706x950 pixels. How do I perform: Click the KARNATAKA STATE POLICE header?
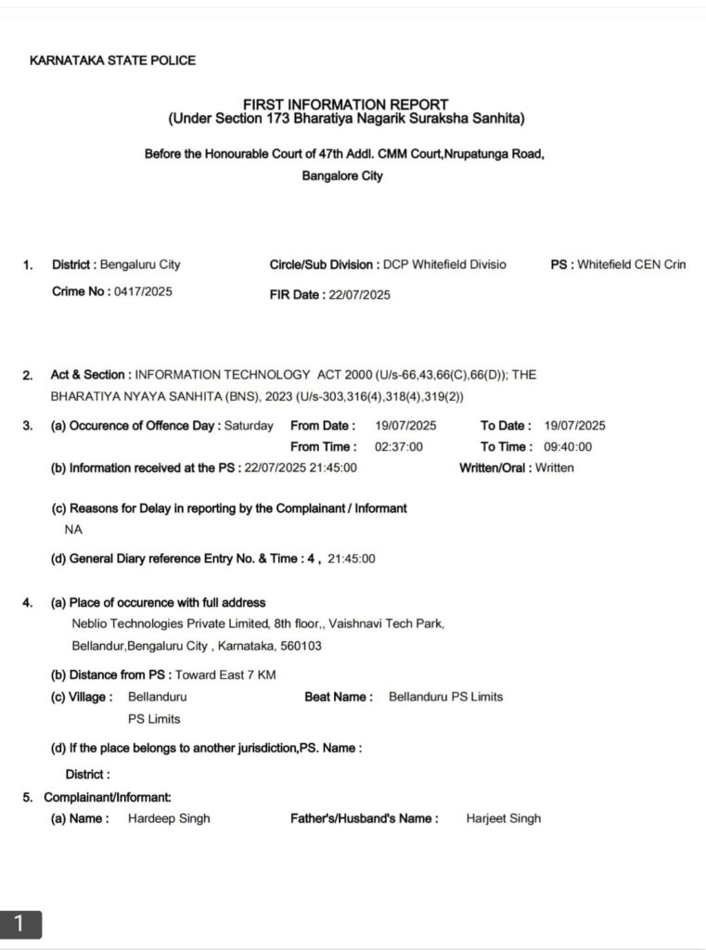[x=112, y=60]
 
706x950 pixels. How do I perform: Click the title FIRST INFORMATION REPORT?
[x=345, y=105]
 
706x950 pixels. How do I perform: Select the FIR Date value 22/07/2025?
[x=359, y=295]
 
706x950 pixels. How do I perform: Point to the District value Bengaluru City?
[x=140, y=264]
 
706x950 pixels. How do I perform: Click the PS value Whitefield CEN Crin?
[x=631, y=264]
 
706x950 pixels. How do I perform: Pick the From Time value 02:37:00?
[x=399, y=446]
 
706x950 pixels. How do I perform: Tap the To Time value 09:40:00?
[x=568, y=446]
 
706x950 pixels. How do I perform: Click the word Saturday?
[x=250, y=426]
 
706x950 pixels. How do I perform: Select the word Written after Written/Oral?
[x=555, y=468]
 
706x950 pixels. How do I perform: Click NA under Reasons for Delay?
[x=72, y=529]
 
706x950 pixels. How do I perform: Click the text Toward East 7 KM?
[x=225, y=674]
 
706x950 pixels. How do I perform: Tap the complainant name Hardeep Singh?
[x=169, y=818]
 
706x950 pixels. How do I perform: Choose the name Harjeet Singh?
[x=503, y=818]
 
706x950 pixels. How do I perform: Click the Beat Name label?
[x=339, y=697]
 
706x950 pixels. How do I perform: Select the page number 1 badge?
[x=20, y=923]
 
